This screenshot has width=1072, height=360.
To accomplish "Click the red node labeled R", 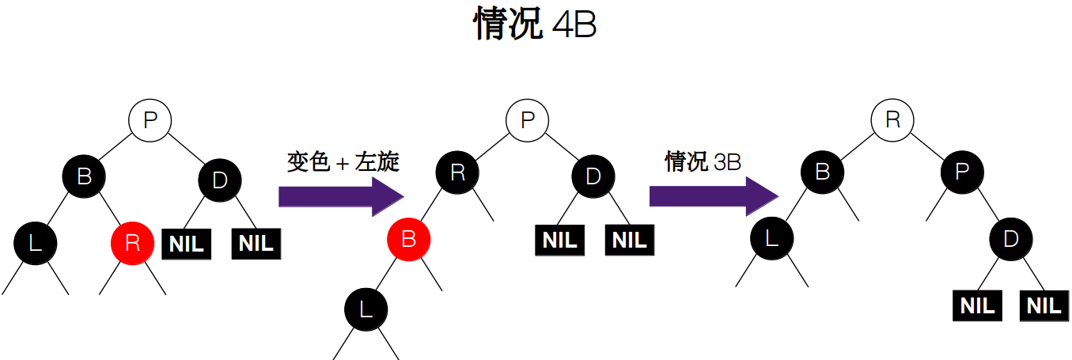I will tap(133, 242).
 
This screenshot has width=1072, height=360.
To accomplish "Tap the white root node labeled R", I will tap(892, 120).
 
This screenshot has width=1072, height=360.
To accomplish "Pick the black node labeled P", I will tap(962, 171).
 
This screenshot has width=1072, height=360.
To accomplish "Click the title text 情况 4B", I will tap(535, 25).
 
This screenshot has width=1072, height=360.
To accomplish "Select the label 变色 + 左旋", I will tap(343, 162).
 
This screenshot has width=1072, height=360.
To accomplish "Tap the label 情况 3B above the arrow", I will tap(703, 162).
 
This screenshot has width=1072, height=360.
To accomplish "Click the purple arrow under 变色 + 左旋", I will tap(340, 195).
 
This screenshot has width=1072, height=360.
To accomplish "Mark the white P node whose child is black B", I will tap(150, 120).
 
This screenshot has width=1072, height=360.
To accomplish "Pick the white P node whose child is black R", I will tap(528, 120).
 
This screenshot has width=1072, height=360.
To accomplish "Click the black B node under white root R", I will tap(822, 171).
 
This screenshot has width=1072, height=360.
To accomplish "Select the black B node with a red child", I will tap(85, 175).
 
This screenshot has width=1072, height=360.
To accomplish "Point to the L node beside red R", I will tap(35, 242).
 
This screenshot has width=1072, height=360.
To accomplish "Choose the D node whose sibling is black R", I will tap(593, 176).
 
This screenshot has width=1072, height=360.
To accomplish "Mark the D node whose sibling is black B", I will tap(220, 180).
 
